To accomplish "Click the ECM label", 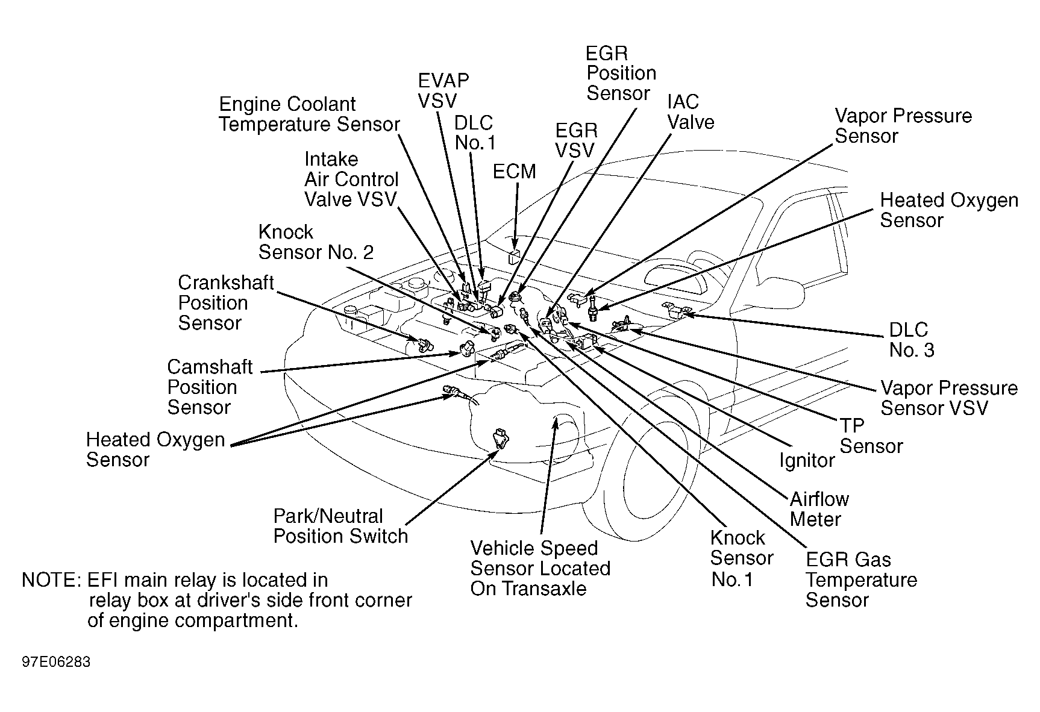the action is tap(514, 172).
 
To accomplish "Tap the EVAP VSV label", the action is tap(443, 90).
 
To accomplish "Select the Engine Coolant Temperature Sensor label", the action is tap(309, 114).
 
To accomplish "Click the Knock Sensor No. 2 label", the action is tap(316, 242).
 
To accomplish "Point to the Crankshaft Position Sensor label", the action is tap(226, 302).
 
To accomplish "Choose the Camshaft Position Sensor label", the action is tap(210, 387).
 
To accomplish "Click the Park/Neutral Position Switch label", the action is tap(340, 526).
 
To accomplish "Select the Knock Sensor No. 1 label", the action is tap(741, 558).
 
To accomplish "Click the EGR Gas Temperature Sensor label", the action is tap(861, 580).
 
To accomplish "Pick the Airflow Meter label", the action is tap(819, 509).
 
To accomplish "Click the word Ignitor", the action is tap(807, 461).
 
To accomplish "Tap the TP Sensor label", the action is tap(871, 436).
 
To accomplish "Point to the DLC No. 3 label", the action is tap(912, 340).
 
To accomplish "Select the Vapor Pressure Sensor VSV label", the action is tap(949, 398).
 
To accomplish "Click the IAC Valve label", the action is tap(691, 112).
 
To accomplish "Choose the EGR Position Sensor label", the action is tap(621, 73).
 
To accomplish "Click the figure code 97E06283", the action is tap(56, 662).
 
